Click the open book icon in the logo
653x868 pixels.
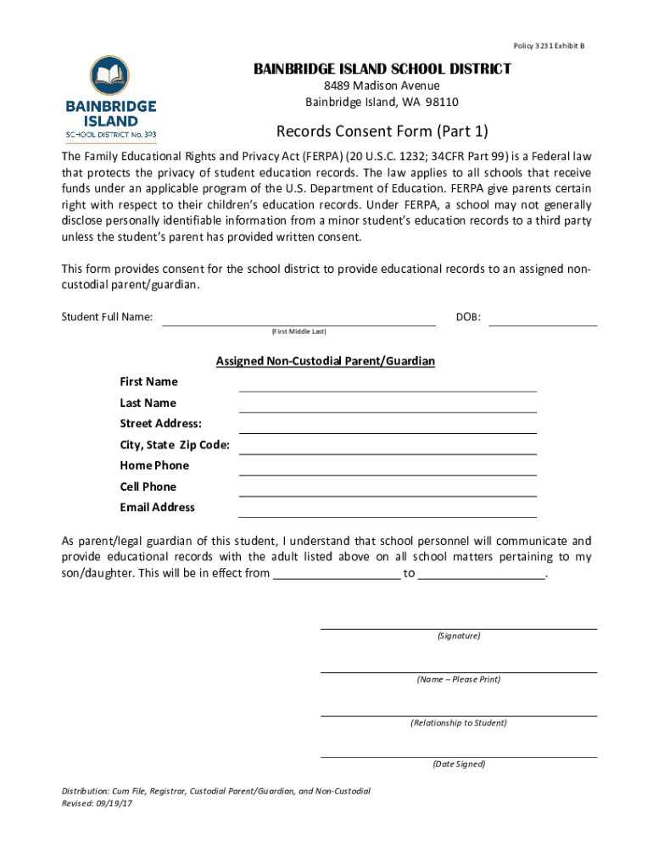[110, 77]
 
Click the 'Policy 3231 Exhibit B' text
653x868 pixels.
[550, 45]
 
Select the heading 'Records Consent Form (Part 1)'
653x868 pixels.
[382, 131]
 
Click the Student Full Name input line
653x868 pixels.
[299, 321]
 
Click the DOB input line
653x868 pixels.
[543, 321]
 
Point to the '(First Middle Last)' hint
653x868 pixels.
[299, 331]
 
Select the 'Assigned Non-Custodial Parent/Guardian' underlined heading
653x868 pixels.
[326, 361]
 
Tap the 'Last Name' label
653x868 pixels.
[148, 403]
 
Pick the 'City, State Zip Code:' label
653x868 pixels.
[175, 444]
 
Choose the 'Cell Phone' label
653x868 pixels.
[148, 487]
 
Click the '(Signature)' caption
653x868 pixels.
[459, 636]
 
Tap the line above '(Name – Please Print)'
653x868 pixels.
[459, 671]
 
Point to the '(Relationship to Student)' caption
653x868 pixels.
[459, 723]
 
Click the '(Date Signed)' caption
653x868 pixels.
[459, 764]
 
